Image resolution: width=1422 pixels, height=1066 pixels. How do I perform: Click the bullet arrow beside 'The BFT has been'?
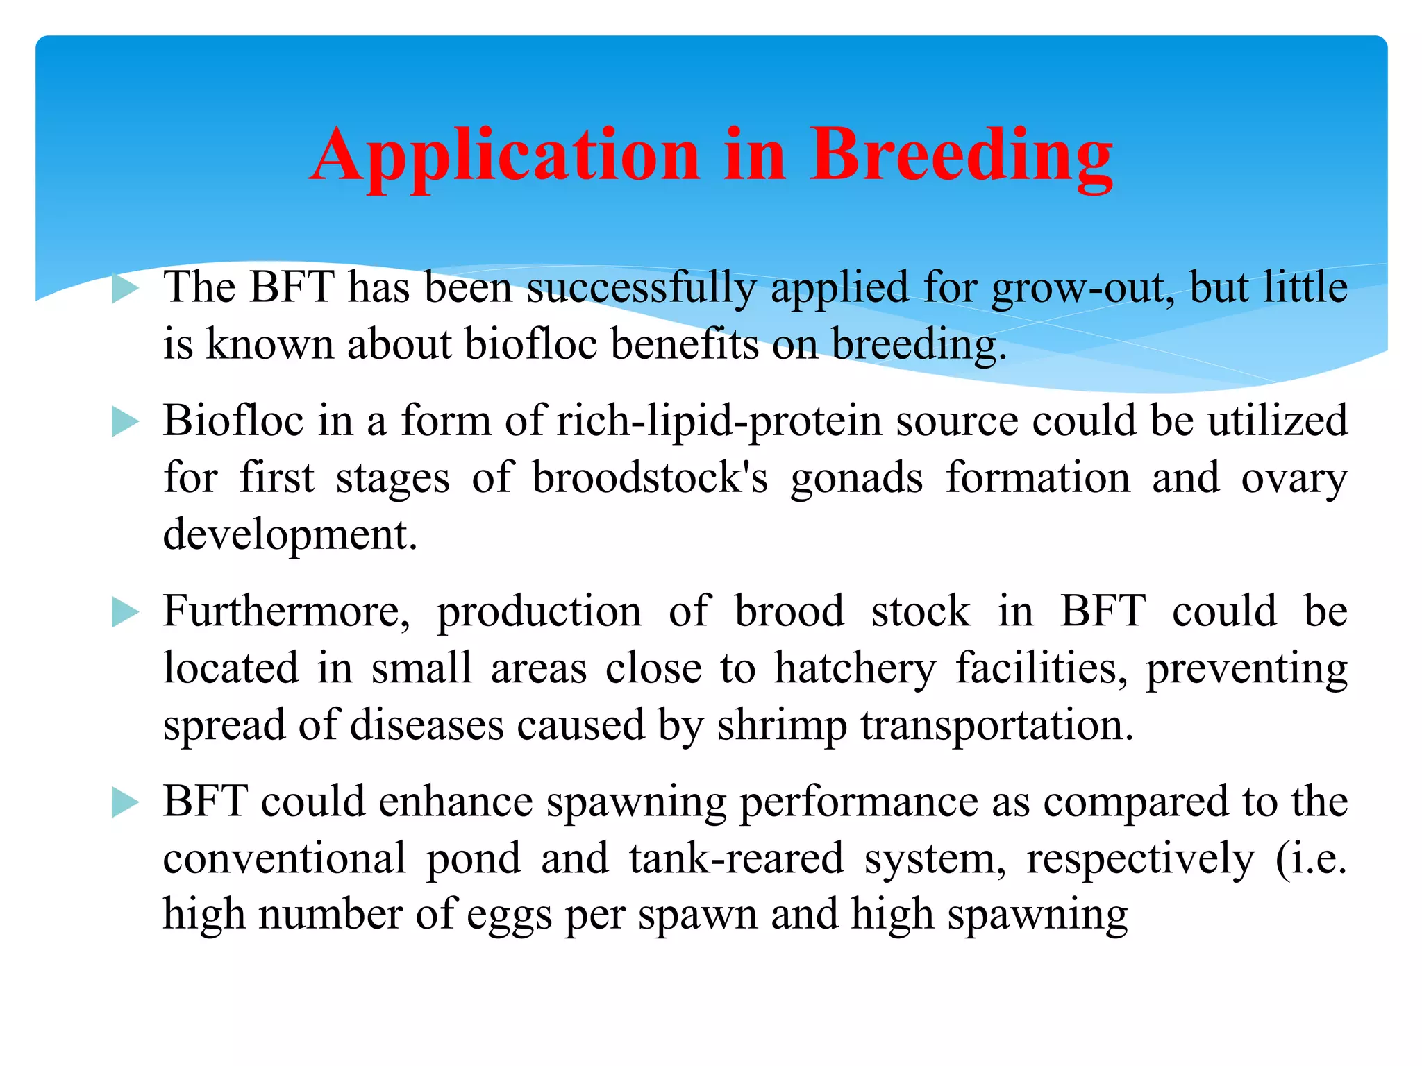point(126,288)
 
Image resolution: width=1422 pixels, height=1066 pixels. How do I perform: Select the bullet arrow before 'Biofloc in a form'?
point(126,422)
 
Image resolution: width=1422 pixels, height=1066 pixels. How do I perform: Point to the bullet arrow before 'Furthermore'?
point(126,613)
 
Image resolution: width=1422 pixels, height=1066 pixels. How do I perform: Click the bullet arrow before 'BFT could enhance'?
point(126,803)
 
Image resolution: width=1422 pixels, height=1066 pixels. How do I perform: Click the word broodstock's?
point(650,479)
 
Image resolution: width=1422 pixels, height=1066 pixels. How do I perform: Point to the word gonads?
point(856,479)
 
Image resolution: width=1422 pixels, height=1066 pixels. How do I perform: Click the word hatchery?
point(855,669)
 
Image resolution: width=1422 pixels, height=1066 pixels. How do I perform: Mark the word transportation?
point(997,726)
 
